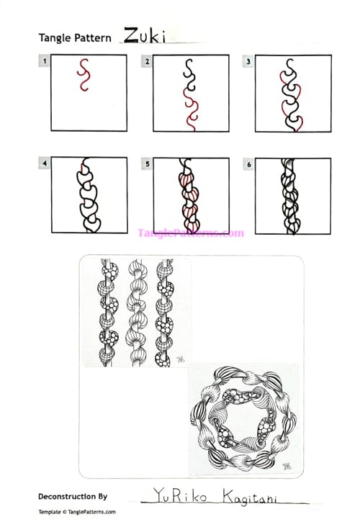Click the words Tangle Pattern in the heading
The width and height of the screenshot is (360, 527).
click(75, 38)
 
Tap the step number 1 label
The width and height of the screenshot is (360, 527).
click(45, 62)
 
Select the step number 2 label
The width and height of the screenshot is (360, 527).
click(147, 62)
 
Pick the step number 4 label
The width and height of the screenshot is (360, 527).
click(45, 164)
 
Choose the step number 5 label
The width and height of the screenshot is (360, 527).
click(147, 164)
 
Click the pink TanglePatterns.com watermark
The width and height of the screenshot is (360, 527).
click(190, 233)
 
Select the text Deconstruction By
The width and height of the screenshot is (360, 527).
click(72, 496)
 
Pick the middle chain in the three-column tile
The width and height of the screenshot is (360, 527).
click(138, 312)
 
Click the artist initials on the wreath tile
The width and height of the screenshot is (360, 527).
click(287, 464)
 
